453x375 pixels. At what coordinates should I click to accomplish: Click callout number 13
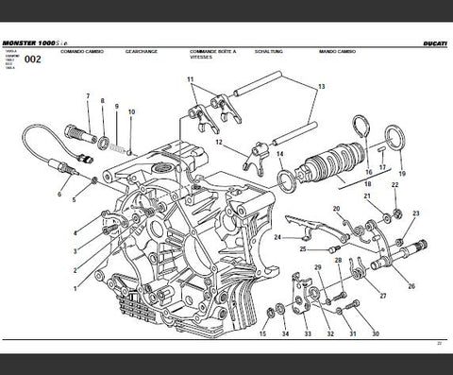[320, 86]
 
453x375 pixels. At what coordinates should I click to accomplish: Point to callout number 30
[376, 334]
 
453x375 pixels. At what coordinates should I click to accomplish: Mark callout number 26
[411, 286]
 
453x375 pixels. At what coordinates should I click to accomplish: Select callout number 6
[59, 196]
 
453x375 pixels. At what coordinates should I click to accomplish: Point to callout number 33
[308, 334]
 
